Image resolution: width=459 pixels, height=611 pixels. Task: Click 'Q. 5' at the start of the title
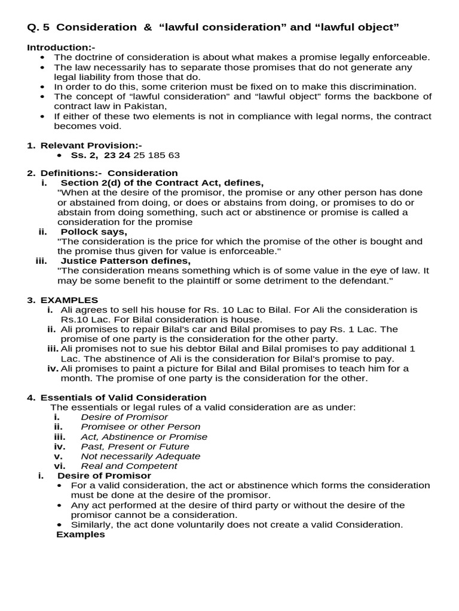pos(39,27)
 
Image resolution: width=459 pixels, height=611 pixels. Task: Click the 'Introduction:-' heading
pos(61,47)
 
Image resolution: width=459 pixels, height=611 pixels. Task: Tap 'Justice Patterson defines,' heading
pos(126,261)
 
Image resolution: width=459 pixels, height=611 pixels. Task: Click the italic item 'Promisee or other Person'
pos(140,427)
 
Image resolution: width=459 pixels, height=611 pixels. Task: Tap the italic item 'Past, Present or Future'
pos(135,446)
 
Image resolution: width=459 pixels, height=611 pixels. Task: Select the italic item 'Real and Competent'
pos(129,466)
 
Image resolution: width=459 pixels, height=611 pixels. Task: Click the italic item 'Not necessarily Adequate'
pos(140,456)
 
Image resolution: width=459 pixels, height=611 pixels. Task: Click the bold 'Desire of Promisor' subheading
pos(104,476)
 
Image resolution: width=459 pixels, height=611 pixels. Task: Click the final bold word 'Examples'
pos(80,534)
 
